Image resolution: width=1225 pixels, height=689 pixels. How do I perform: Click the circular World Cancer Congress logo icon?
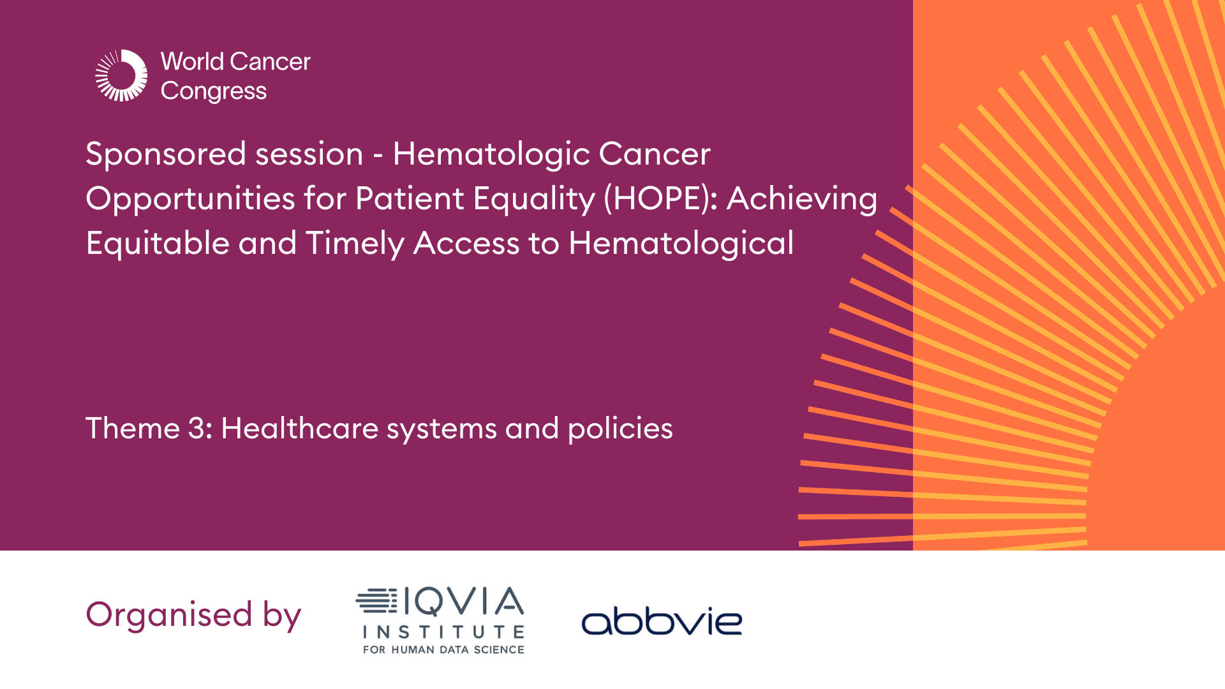pyautogui.click(x=121, y=76)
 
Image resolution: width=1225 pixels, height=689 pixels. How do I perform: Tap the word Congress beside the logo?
pyautogui.click(x=213, y=91)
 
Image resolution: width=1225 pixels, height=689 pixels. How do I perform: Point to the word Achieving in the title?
pyautogui.click(x=802, y=198)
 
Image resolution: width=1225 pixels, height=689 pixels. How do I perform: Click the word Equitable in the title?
pyautogui.click(x=158, y=244)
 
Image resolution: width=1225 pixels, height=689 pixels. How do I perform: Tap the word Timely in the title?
pyautogui.click(x=355, y=244)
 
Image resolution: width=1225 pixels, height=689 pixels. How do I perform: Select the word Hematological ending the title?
pyautogui.click(x=681, y=244)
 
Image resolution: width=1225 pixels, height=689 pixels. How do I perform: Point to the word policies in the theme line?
pyautogui.click(x=620, y=429)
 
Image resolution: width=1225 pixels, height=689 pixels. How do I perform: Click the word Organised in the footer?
pyautogui.click(x=169, y=614)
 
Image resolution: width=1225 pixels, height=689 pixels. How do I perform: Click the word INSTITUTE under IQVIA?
pyautogui.click(x=443, y=632)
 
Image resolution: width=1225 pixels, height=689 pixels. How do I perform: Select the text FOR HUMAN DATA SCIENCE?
pyautogui.click(x=443, y=650)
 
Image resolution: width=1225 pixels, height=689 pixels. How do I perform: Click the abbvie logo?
pyautogui.click(x=662, y=621)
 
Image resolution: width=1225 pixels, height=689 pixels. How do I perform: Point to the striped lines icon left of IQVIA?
pyautogui.click(x=376, y=602)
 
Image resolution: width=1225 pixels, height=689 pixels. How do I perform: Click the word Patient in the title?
pyautogui.click(x=409, y=198)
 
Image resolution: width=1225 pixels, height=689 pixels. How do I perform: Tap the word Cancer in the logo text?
pyautogui.click(x=270, y=62)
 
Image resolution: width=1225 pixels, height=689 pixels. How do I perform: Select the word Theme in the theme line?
pyautogui.click(x=133, y=428)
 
